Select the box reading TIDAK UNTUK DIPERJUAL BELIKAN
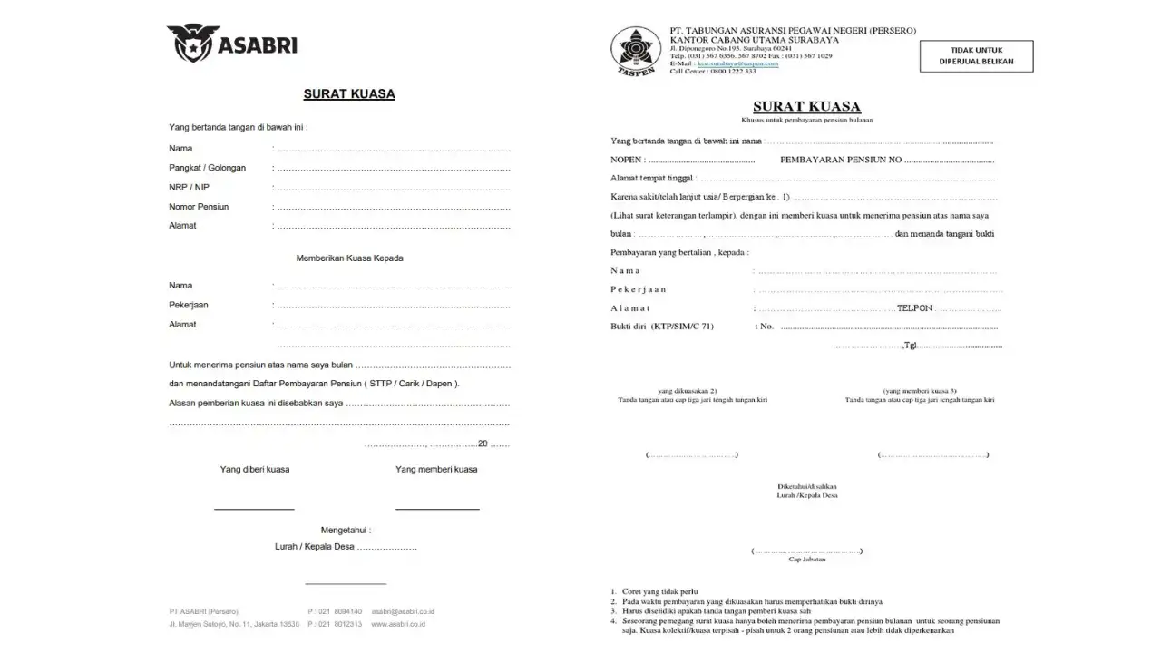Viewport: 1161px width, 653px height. pos(976,55)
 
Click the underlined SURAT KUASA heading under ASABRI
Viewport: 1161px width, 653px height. pos(349,94)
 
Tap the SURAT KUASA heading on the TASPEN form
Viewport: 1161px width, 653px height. pos(806,106)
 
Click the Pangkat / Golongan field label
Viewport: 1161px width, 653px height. pos(207,168)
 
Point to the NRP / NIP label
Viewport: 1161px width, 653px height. pos(189,187)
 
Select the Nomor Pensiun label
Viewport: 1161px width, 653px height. pos(199,207)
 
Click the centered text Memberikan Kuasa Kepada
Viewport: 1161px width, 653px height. pos(349,258)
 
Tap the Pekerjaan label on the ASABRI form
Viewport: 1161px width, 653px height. pos(189,305)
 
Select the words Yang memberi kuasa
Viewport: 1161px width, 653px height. pos(436,470)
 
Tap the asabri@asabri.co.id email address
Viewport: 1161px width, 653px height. pos(403,611)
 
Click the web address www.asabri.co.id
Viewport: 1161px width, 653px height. pos(397,624)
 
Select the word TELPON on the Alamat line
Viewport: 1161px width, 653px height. pos(914,308)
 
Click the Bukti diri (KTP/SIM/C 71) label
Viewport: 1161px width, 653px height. pos(662,326)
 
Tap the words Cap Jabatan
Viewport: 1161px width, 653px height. pos(806,560)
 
